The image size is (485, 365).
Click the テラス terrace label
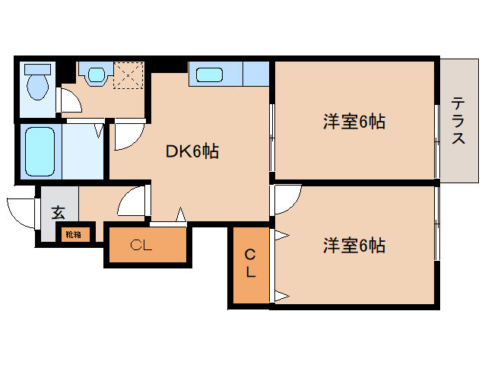[458, 120]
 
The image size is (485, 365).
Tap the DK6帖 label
[192, 151]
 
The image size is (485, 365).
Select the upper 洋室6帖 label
[354, 122]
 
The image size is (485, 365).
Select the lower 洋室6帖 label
[354, 246]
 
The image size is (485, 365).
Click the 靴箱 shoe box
[73, 234]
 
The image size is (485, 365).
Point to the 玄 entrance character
[58, 212]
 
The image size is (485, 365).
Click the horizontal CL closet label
[141, 246]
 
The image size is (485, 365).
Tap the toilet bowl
[38, 87]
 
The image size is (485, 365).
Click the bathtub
[40, 151]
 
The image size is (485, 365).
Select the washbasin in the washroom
[97, 74]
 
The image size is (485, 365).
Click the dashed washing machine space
[128, 75]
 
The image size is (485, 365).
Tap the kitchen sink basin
[209, 75]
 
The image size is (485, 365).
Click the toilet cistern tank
[38, 69]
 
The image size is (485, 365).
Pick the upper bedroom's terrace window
[437, 141]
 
